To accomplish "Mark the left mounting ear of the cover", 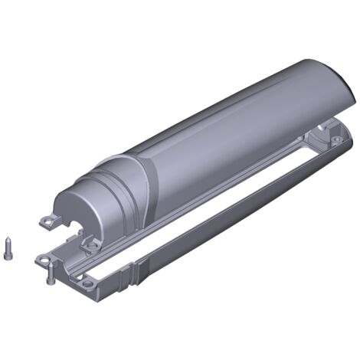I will [x=50, y=221].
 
